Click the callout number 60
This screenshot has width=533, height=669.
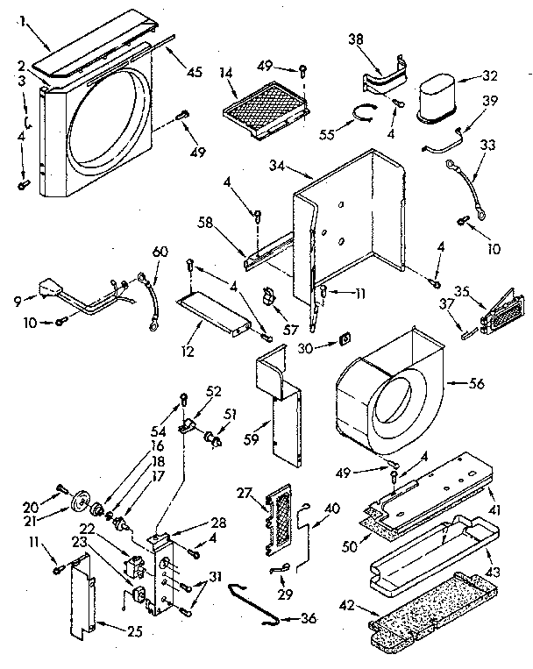[x=158, y=253]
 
